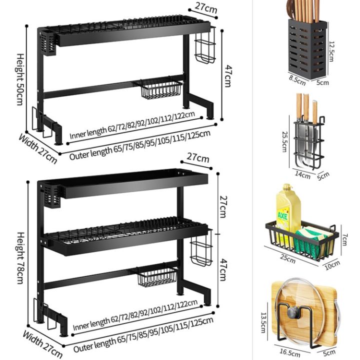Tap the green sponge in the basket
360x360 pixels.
[309, 240]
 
